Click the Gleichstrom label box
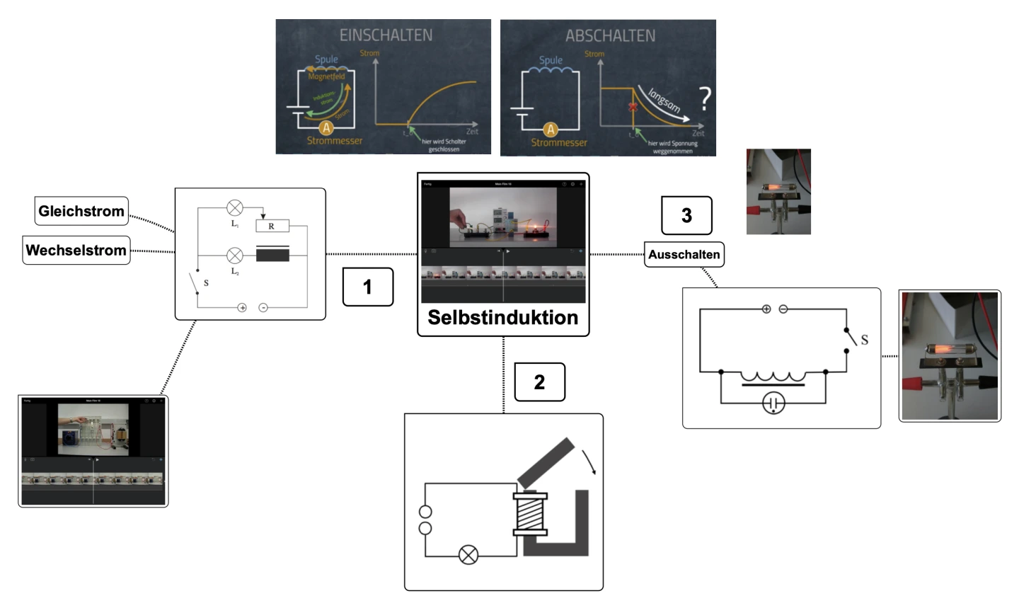(81, 211)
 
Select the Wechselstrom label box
(76, 250)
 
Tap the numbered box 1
(367, 287)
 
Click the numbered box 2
(539, 382)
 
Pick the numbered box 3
(686, 216)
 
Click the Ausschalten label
(684, 255)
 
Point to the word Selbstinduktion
(502, 317)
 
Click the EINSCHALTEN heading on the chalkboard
(386, 35)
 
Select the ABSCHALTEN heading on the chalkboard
(610, 35)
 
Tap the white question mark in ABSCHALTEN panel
(705, 98)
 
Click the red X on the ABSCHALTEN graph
(633, 107)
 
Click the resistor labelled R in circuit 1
(272, 226)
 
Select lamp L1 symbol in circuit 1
(235, 208)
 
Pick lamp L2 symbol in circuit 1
(235, 256)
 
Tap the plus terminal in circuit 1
(242, 307)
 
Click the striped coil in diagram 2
(531, 512)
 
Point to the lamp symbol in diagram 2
(468, 555)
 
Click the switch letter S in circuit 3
(864, 340)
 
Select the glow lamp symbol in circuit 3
(773, 403)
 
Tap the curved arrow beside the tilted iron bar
(589, 461)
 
